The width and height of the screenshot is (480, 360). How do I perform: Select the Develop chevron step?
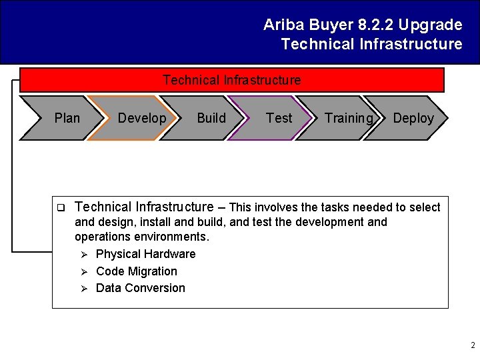click(x=141, y=118)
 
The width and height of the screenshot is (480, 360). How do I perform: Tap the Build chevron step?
click(x=211, y=118)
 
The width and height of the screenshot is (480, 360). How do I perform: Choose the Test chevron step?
click(x=279, y=118)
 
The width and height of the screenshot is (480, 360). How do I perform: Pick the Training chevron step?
click(x=347, y=118)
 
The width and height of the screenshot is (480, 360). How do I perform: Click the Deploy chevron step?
click(x=413, y=118)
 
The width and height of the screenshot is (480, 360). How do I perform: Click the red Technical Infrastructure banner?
click(x=231, y=81)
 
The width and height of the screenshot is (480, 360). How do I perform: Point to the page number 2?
click(x=473, y=345)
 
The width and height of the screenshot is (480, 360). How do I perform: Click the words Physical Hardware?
click(x=145, y=254)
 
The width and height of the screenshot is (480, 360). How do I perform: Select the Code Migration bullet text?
click(x=137, y=271)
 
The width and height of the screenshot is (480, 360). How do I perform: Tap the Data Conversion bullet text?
click(x=141, y=288)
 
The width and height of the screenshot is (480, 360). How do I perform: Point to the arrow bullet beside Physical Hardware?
click(x=84, y=254)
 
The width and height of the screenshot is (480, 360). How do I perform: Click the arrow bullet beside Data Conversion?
click(x=84, y=288)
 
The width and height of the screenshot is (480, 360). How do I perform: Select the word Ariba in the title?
click(x=282, y=25)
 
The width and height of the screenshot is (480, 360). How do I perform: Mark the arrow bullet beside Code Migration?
click(x=84, y=271)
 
